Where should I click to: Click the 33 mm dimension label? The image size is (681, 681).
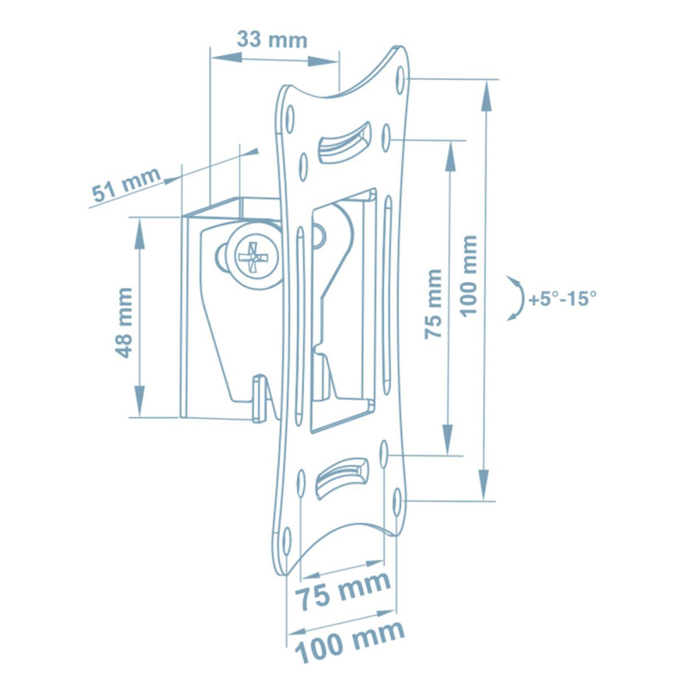pyautogui.click(x=272, y=39)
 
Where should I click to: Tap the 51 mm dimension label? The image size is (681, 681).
pyautogui.click(x=126, y=184)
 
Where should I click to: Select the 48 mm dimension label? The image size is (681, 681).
pyautogui.click(x=124, y=323)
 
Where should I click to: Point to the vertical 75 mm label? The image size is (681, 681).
pyautogui.click(x=433, y=304)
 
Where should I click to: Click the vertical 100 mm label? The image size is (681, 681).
pyautogui.click(x=468, y=276)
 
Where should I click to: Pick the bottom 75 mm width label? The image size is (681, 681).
pyautogui.click(x=343, y=590)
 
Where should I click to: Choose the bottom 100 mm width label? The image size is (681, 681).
pyautogui.click(x=350, y=641)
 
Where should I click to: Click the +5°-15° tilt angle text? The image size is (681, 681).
pyautogui.click(x=563, y=299)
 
